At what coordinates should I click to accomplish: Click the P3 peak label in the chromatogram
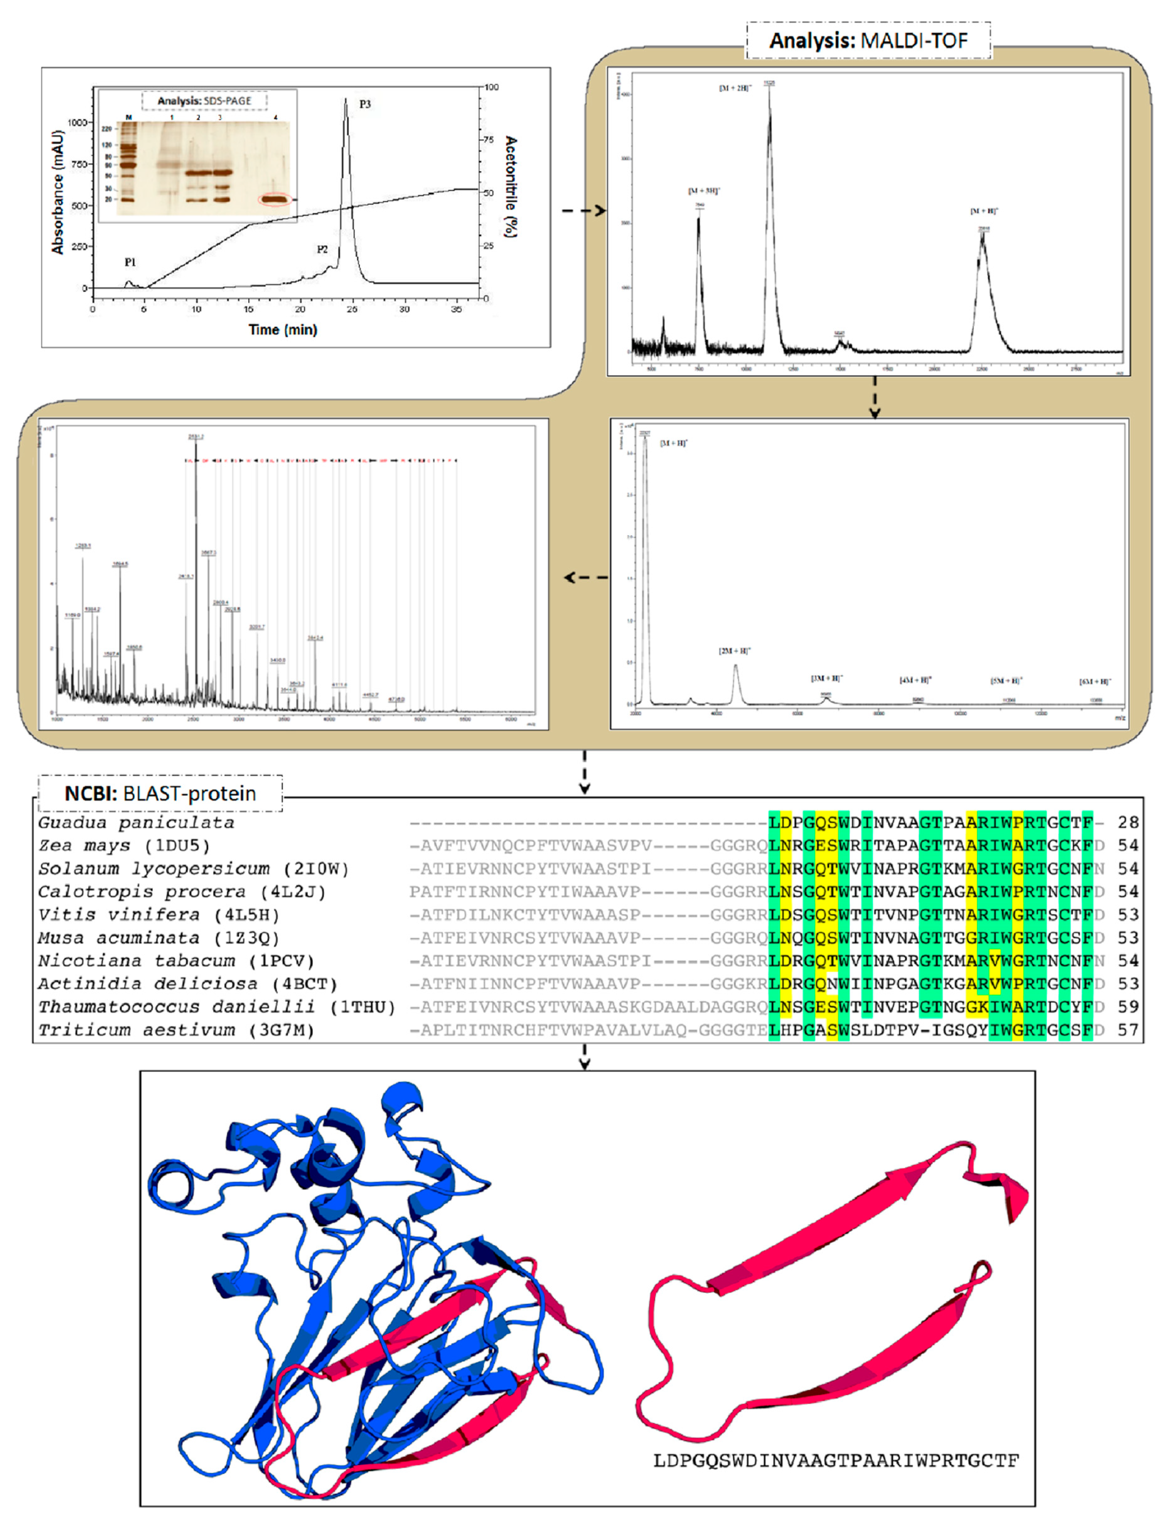(x=365, y=104)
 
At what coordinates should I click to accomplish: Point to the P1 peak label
(x=130, y=262)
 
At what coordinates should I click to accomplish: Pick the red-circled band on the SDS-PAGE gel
(x=276, y=200)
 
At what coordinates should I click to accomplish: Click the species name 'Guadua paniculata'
(x=136, y=823)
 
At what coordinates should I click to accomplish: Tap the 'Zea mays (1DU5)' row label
(x=124, y=846)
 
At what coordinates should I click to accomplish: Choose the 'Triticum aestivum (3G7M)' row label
(x=176, y=1030)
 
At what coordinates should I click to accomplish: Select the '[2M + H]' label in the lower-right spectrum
(x=734, y=651)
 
